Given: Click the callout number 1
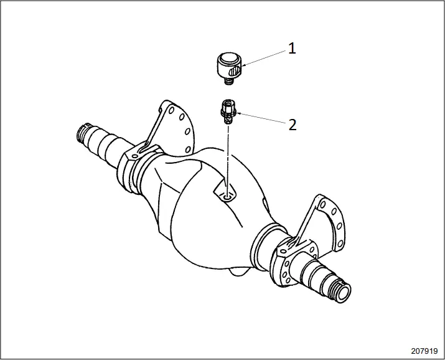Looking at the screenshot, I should pyautogui.click(x=291, y=49).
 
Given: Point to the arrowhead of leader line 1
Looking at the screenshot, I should pyautogui.click(x=242, y=65).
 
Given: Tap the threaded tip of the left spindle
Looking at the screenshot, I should pyautogui.click(x=82, y=134).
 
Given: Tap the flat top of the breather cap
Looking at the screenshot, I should pyautogui.click(x=228, y=59).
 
